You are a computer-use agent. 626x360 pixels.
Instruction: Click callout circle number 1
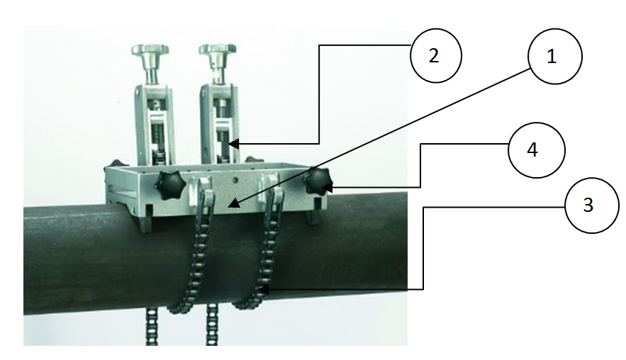pos(554,56)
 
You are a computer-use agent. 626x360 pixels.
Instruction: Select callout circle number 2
pos(435,55)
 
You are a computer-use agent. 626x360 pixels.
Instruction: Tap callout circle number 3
pos(592,205)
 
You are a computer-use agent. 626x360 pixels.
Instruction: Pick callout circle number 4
pos(536,150)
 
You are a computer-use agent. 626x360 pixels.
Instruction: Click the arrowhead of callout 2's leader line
pos(233,144)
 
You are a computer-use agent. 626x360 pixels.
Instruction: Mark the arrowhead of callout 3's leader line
pos(263,289)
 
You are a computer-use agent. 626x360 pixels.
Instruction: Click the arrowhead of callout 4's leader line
pos(328,186)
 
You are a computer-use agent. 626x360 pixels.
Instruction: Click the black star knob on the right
pos(317,181)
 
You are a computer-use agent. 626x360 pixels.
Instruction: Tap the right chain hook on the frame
pos(272,191)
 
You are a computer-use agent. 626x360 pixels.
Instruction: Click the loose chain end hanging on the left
pos(151,327)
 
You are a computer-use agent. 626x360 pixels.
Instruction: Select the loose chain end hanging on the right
pos(211,324)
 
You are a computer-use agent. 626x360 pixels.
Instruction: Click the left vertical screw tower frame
pos(154,124)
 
